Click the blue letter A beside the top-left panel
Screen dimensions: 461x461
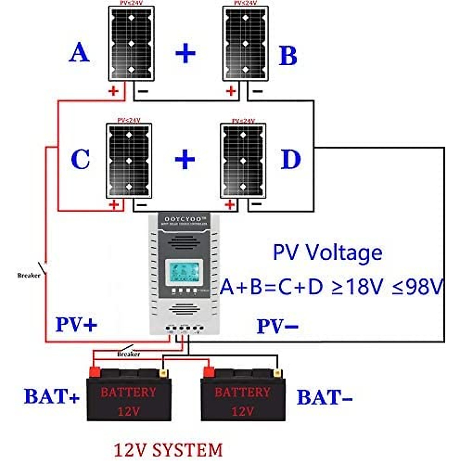80,53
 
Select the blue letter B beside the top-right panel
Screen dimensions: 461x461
288,55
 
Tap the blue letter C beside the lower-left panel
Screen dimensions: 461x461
81,159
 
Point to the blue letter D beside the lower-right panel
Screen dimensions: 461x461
290,159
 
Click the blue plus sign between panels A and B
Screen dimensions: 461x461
185,53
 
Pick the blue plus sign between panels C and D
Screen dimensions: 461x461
185,159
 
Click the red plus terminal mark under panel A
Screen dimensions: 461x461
114,91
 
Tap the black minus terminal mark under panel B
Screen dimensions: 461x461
258,91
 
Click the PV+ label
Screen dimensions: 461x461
76,325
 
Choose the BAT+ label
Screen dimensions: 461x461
52,396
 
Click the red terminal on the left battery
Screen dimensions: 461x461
95,372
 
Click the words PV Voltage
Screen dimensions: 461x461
327,253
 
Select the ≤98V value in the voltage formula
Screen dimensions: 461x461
417,287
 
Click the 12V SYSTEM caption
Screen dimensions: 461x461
168,450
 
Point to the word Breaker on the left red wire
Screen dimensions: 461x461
29,275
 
